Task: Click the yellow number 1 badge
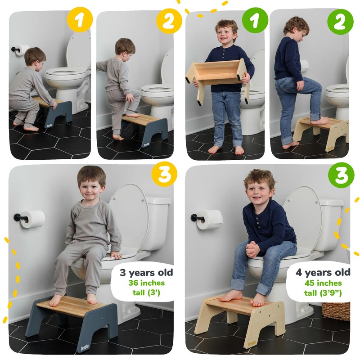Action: pos(80,21)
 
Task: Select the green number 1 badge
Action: pos(254,21)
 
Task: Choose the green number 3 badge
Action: pos(340,175)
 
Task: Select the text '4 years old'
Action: pos(323,273)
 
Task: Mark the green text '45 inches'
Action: pos(323,283)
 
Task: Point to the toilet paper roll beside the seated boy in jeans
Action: pos(210,220)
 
